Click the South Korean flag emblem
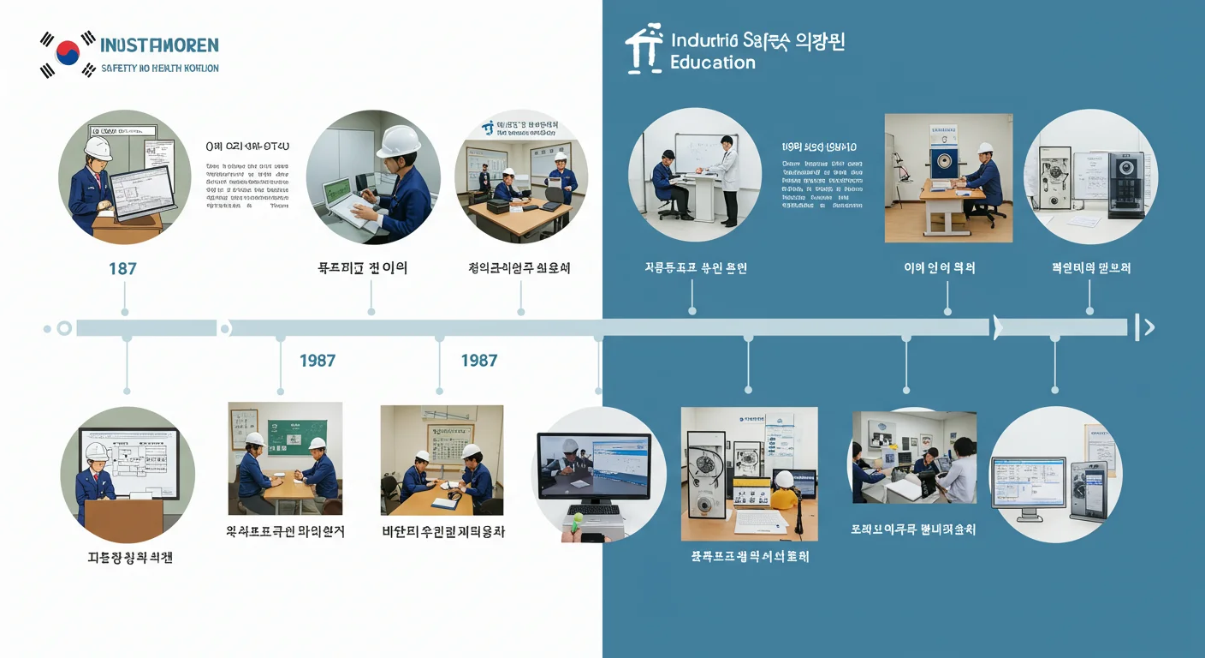[x=67, y=54]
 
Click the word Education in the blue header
[x=712, y=63]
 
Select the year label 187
[x=122, y=268]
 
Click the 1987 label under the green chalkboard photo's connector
[x=317, y=361]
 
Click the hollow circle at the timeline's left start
[x=63, y=327]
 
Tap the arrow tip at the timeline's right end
[x=1149, y=326]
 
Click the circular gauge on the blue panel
[x=945, y=161]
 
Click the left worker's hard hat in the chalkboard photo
[x=254, y=439]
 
